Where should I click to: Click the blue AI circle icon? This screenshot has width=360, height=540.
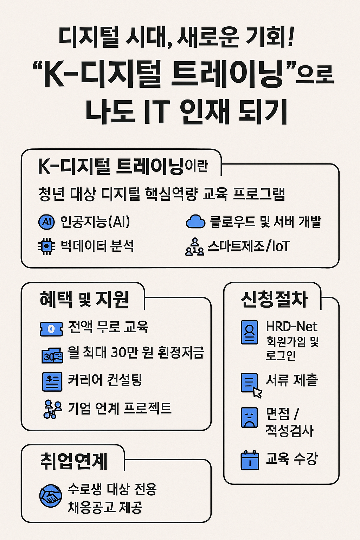[x=46, y=222]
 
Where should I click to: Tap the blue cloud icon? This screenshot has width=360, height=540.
[x=195, y=222]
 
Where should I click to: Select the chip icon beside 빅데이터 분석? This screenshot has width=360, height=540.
[x=46, y=246]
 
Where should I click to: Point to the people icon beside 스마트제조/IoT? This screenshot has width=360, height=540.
[x=194, y=247]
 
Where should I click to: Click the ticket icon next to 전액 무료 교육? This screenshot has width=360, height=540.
[x=51, y=329]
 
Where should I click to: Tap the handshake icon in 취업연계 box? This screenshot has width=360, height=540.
[x=51, y=496]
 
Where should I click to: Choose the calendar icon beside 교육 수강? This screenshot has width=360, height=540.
[x=250, y=460]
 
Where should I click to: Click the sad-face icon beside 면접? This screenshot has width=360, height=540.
[x=249, y=417]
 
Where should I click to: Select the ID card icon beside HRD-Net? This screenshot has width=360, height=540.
[x=249, y=332]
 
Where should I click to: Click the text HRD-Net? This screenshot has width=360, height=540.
[x=291, y=327]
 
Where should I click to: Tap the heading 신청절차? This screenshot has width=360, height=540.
[x=274, y=300]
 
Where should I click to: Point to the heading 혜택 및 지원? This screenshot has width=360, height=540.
[x=84, y=299]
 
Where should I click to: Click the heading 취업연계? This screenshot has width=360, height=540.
[x=74, y=461]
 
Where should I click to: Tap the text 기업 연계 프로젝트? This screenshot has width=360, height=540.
[x=120, y=408]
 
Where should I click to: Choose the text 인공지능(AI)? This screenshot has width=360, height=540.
[x=95, y=222]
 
